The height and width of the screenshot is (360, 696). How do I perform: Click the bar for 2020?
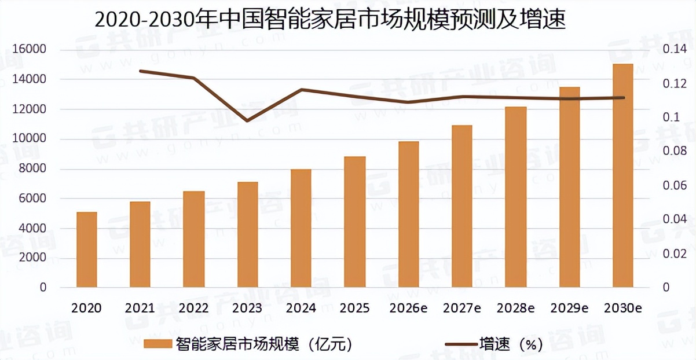click(x=87, y=249)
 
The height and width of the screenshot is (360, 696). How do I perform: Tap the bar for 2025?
click(x=355, y=222)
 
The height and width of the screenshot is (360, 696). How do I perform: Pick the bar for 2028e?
click(x=515, y=197)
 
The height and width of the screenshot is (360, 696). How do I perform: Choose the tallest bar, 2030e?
click(x=623, y=175)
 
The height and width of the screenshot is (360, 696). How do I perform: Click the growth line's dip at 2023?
click(x=248, y=121)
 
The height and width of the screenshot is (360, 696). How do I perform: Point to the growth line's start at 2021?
click(x=140, y=71)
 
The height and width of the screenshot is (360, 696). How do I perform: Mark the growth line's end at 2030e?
click(x=623, y=98)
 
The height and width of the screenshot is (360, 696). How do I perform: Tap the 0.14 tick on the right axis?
click(x=673, y=49)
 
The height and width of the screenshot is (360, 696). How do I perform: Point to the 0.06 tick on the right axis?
click(x=673, y=185)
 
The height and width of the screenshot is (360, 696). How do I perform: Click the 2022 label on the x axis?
click(x=193, y=308)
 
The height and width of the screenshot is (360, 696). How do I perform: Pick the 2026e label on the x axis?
click(x=408, y=308)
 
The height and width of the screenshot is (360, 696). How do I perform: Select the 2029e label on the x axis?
click(x=569, y=308)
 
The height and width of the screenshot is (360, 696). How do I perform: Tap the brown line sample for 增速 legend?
click(x=460, y=344)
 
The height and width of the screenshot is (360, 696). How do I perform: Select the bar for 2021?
click(x=140, y=244)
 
